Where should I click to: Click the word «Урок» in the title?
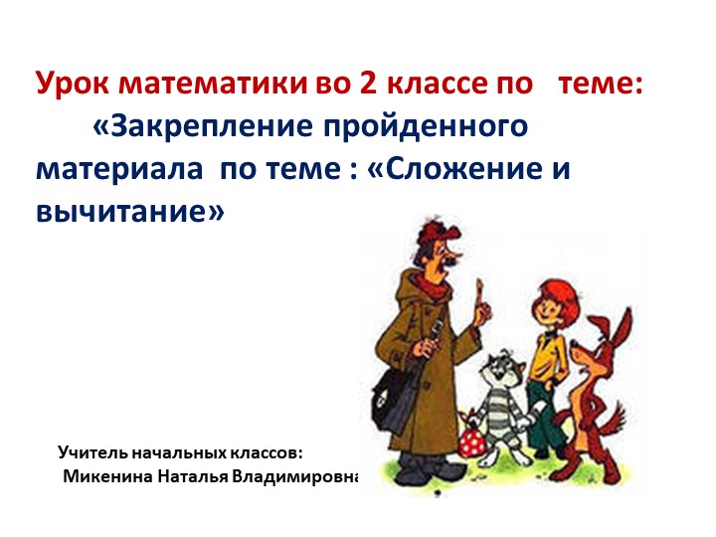pyautogui.click(x=70, y=84)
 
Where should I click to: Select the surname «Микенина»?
pyautogui.click(x=106, y=475)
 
